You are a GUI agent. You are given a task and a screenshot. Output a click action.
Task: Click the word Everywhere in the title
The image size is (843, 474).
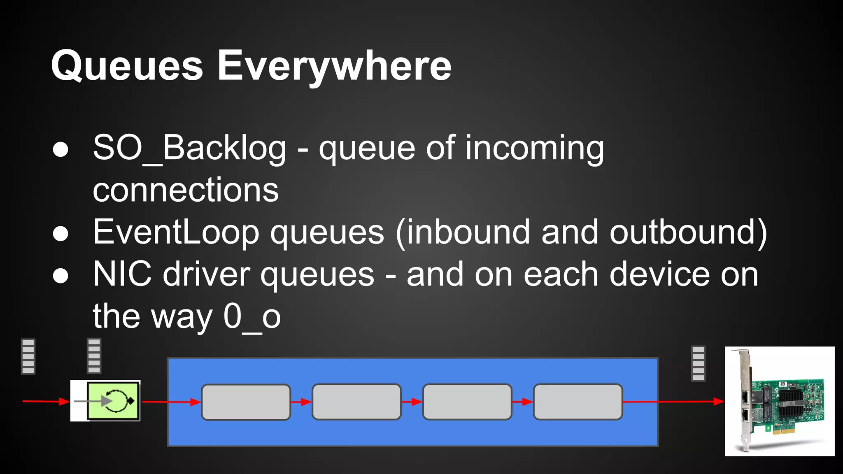click(x=334, y=66)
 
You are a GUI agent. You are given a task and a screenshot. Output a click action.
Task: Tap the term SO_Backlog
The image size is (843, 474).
click(x=189, y=148)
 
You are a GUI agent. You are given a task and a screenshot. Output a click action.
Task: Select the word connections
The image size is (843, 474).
click(x=186, y=190)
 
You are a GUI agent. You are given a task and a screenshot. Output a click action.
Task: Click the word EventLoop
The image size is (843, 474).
click(x=176, y=232)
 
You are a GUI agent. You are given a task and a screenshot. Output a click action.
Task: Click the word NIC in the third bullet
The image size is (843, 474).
click(x=122, y=274)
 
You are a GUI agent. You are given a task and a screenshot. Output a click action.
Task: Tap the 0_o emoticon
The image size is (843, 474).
click(x=252, y=317)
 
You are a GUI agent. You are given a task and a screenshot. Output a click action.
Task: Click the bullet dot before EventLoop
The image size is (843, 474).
click(x=61, y=233)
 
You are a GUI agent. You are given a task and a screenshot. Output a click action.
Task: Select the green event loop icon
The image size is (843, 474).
click(x=113, y=401)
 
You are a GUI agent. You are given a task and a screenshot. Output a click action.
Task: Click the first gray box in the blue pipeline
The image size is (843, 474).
click(x=246, y=402)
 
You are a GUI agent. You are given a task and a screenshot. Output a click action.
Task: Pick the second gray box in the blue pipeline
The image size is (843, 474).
click(x=356, y=402)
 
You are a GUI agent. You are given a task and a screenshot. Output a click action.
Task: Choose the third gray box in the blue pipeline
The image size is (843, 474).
click(x=467, y=402)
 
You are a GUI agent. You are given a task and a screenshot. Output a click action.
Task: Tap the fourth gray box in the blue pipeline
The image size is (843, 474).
click(x=578, y=402)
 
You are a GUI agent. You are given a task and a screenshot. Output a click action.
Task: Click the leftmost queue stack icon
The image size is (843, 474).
click(x=28, y=356)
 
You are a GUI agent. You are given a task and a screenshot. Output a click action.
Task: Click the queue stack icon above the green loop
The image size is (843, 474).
click(x=94, y=356)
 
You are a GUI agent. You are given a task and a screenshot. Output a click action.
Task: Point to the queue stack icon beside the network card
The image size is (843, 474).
click(x=698, y=363)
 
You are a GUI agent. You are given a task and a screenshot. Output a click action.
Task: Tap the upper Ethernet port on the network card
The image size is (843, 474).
click(x=745, y=397)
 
